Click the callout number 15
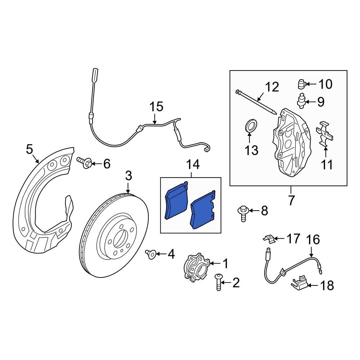(x=156, y=107)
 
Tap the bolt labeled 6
(x=85, y=162)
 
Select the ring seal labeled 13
(x=251, y=125)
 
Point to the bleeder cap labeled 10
(x=302, y=84)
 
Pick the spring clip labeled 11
(x=324, y=134)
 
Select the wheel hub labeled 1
(x=197, y=267)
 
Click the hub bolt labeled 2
(x=219, y=282)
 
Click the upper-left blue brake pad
(x=176, y=201)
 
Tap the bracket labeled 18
(x=300, y=284)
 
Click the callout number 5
(x=30, y=149)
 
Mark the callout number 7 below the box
(x=291, y=200)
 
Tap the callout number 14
(x=193, y=165)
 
